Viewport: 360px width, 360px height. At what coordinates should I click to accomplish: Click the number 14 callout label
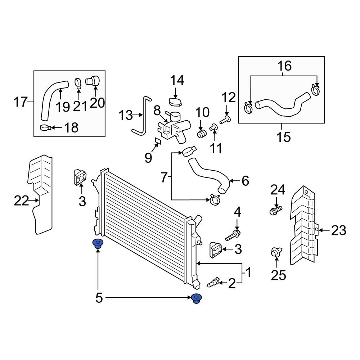click(x=177, y=80)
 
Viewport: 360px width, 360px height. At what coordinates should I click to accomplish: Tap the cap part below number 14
click(x=176, y=102)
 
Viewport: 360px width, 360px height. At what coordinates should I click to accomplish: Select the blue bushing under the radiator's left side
click(x=97, y=244)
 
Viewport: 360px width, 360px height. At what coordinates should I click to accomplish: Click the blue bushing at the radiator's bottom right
click(x=196, y=298)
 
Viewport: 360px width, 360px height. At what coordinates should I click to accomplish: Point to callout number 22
click(x=21, y=201)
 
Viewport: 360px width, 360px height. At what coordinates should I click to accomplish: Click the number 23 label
click(x=338, y=230)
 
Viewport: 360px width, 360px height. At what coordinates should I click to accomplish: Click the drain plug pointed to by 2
click(x=213, y=282)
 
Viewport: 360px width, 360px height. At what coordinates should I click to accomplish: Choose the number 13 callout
click(x=126, y=116)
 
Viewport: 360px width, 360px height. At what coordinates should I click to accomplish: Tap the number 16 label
click(x=284, y=66)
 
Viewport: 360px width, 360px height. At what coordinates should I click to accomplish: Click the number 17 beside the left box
click(x=21, y=102)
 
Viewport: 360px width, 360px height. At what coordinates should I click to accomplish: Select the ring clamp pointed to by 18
click(x=45, y=127)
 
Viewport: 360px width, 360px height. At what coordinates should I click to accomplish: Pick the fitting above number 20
click(x=93, y=81)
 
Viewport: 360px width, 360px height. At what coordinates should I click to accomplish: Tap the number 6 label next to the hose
click(x=245, y=181)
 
